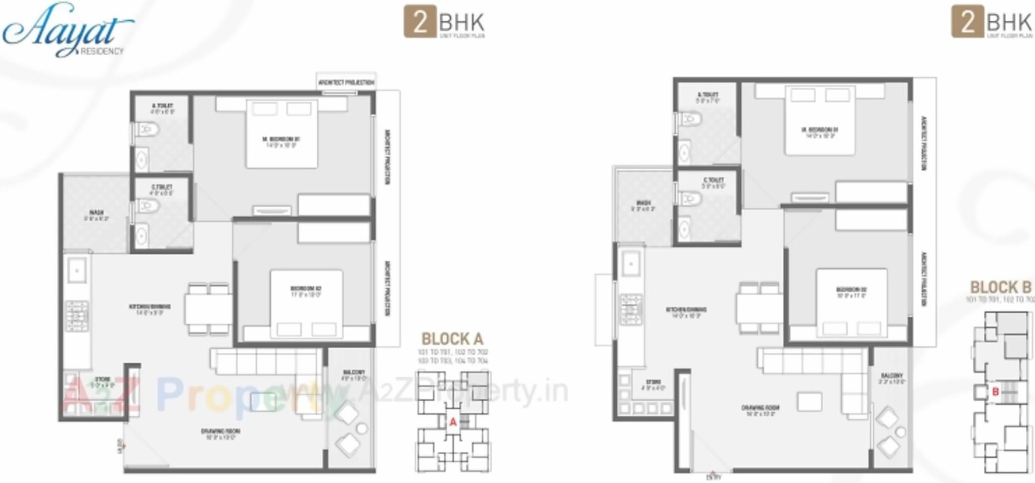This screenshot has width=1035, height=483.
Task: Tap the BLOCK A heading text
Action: point(452,339)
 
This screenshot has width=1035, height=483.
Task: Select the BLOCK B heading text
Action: point(1000,287)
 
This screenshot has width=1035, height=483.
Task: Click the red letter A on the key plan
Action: point(453,423)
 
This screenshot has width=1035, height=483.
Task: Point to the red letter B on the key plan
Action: point(995,392)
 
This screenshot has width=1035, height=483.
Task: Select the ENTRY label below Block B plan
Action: point(713,477)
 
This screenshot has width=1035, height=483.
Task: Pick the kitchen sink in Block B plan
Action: point(631,264)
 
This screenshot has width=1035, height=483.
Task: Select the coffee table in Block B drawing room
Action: point(809,402)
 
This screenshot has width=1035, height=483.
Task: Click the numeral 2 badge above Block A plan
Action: point(420,22)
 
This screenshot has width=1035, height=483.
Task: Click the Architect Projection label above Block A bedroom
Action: point(346,83)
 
